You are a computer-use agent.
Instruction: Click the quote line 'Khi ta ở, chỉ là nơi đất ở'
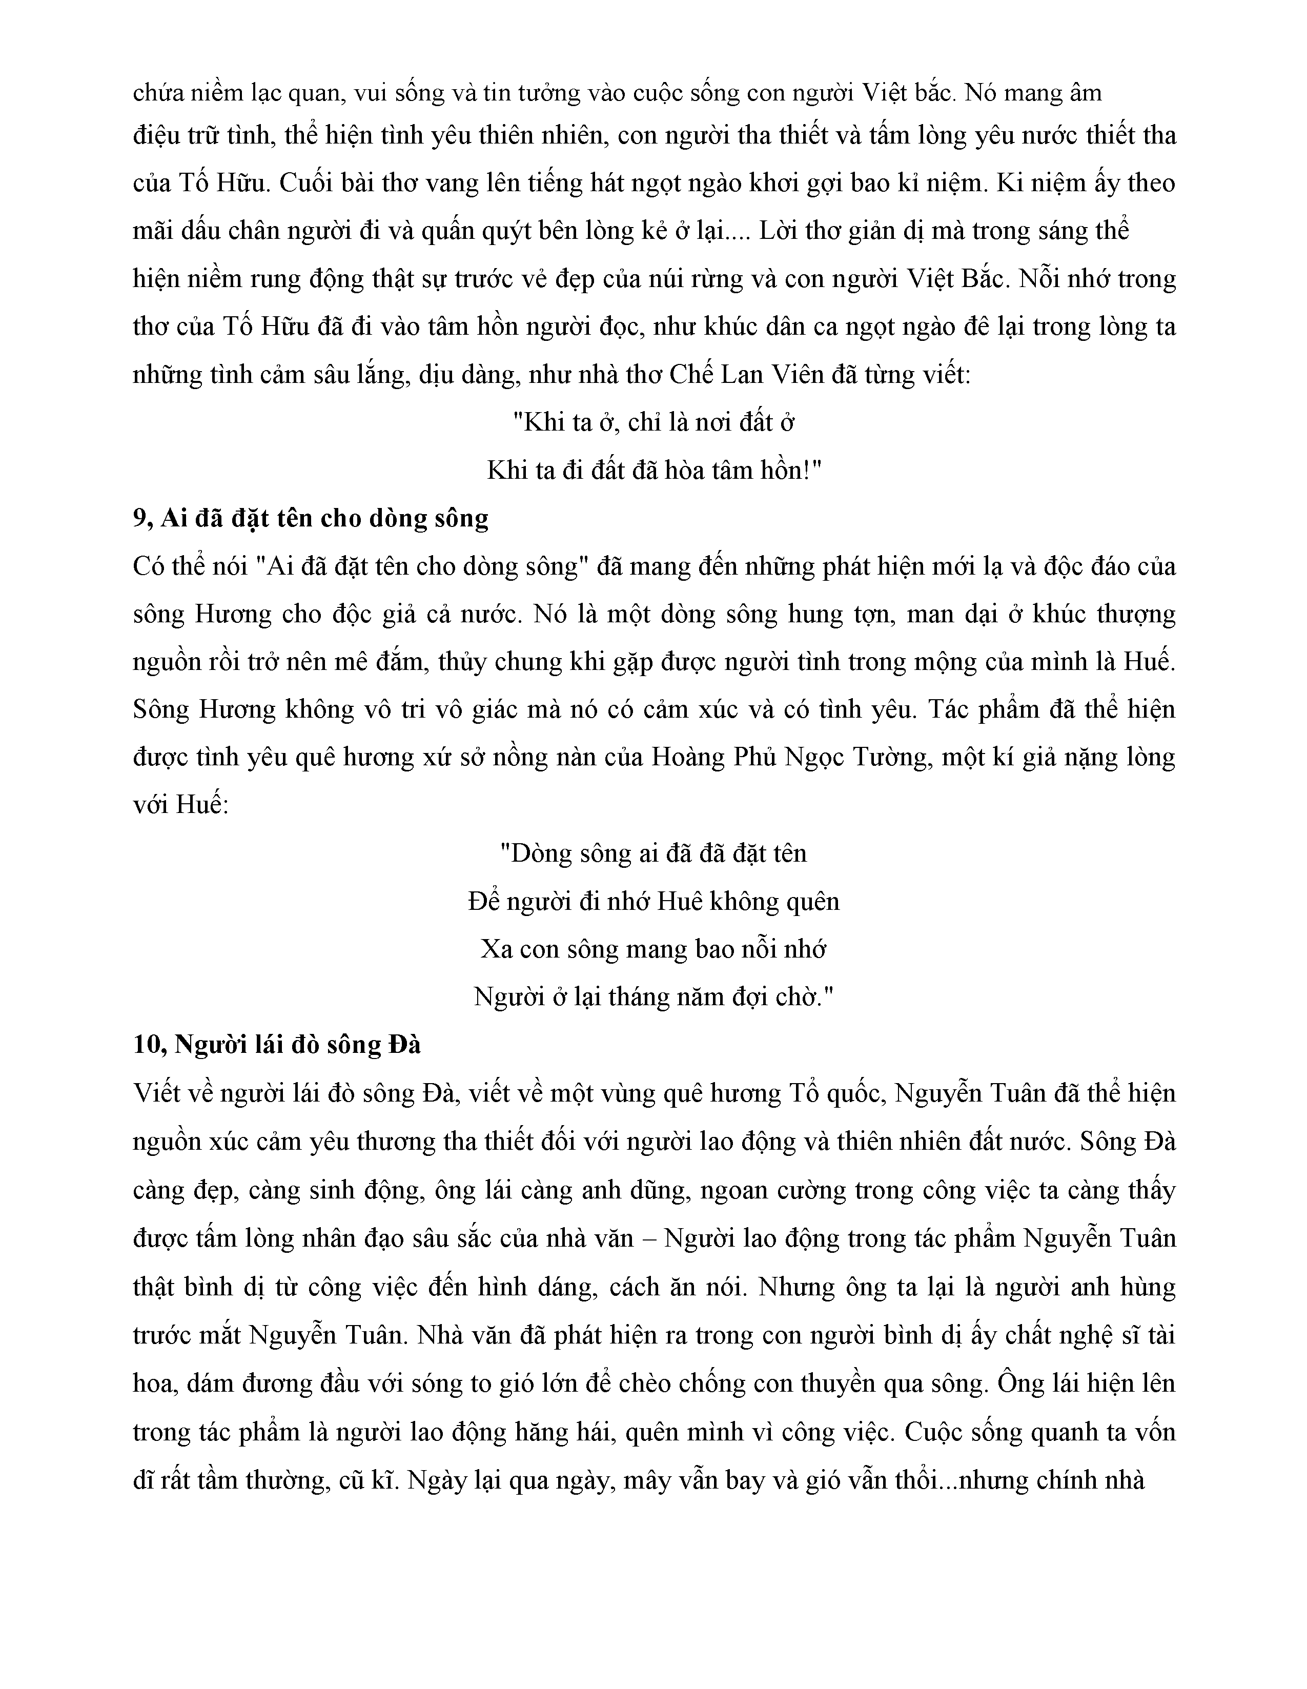pyautogui.click(x=655, y=422)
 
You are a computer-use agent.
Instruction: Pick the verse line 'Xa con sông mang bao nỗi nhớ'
pyautogui.click(x=653, y=949)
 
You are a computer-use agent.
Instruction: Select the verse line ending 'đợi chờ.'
pyautogui.click(x=653, y=997)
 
